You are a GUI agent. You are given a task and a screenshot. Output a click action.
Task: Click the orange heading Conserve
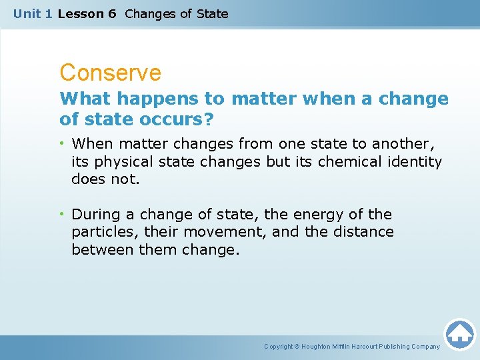(110, 73)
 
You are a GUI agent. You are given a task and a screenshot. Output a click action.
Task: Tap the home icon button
(459, 334)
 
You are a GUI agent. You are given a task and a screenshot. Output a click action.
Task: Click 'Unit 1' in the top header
(33, 13)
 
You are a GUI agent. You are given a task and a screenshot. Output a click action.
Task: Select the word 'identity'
(415, 161)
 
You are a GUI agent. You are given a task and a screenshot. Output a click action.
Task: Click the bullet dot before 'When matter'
(63, 143)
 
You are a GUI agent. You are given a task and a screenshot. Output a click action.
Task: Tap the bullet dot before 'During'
(63, 214)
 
